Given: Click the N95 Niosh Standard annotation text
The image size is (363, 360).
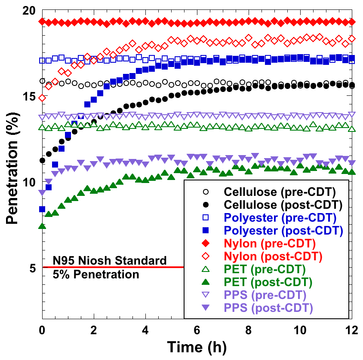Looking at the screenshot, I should coord(110,261).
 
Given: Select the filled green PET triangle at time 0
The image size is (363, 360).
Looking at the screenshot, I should coord(42,226).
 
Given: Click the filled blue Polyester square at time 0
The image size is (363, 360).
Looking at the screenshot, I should coord(42,209).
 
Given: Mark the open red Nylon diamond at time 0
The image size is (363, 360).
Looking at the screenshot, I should coord(42,98).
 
